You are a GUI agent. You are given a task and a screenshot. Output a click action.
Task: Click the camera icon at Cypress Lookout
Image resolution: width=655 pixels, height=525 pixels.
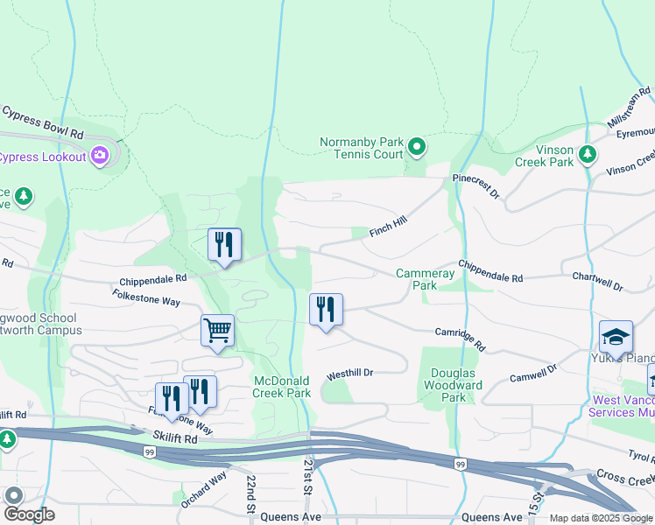click(x=100, y=156)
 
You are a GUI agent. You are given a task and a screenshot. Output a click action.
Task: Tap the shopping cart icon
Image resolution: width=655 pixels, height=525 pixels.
click(x=217, y=332)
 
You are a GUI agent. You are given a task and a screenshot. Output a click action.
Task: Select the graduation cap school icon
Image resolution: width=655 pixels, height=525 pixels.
click(x=616, y=337)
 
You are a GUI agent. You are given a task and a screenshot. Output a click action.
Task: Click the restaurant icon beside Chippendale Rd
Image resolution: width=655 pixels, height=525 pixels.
click(x=224, y=244)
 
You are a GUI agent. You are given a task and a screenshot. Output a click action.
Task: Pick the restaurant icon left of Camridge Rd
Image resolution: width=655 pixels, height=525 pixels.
click(x=326, y=309)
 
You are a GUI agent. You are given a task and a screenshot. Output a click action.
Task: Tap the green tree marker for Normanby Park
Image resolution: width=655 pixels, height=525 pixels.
click(x=417, y=147)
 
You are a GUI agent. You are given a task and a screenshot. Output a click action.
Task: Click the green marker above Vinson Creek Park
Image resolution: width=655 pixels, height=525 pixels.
click(x=588, y=153)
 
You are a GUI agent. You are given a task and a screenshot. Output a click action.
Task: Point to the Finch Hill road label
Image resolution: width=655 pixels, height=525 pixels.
click(x=389, y=227)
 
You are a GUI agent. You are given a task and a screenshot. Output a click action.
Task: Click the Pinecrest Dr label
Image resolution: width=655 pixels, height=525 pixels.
click(x=475, y=185)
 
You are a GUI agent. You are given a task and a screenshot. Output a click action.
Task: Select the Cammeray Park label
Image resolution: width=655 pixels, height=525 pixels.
click(x=426, y=279)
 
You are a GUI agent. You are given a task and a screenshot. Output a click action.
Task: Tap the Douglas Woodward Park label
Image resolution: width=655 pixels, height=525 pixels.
click(x=456, y=385)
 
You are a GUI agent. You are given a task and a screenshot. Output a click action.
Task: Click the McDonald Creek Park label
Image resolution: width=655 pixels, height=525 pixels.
click(x=282, y=387)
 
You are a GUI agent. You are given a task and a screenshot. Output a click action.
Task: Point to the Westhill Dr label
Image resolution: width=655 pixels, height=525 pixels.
click(x=350, y=374)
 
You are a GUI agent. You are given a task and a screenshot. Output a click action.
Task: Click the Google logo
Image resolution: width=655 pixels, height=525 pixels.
click(x=29, y=514)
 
